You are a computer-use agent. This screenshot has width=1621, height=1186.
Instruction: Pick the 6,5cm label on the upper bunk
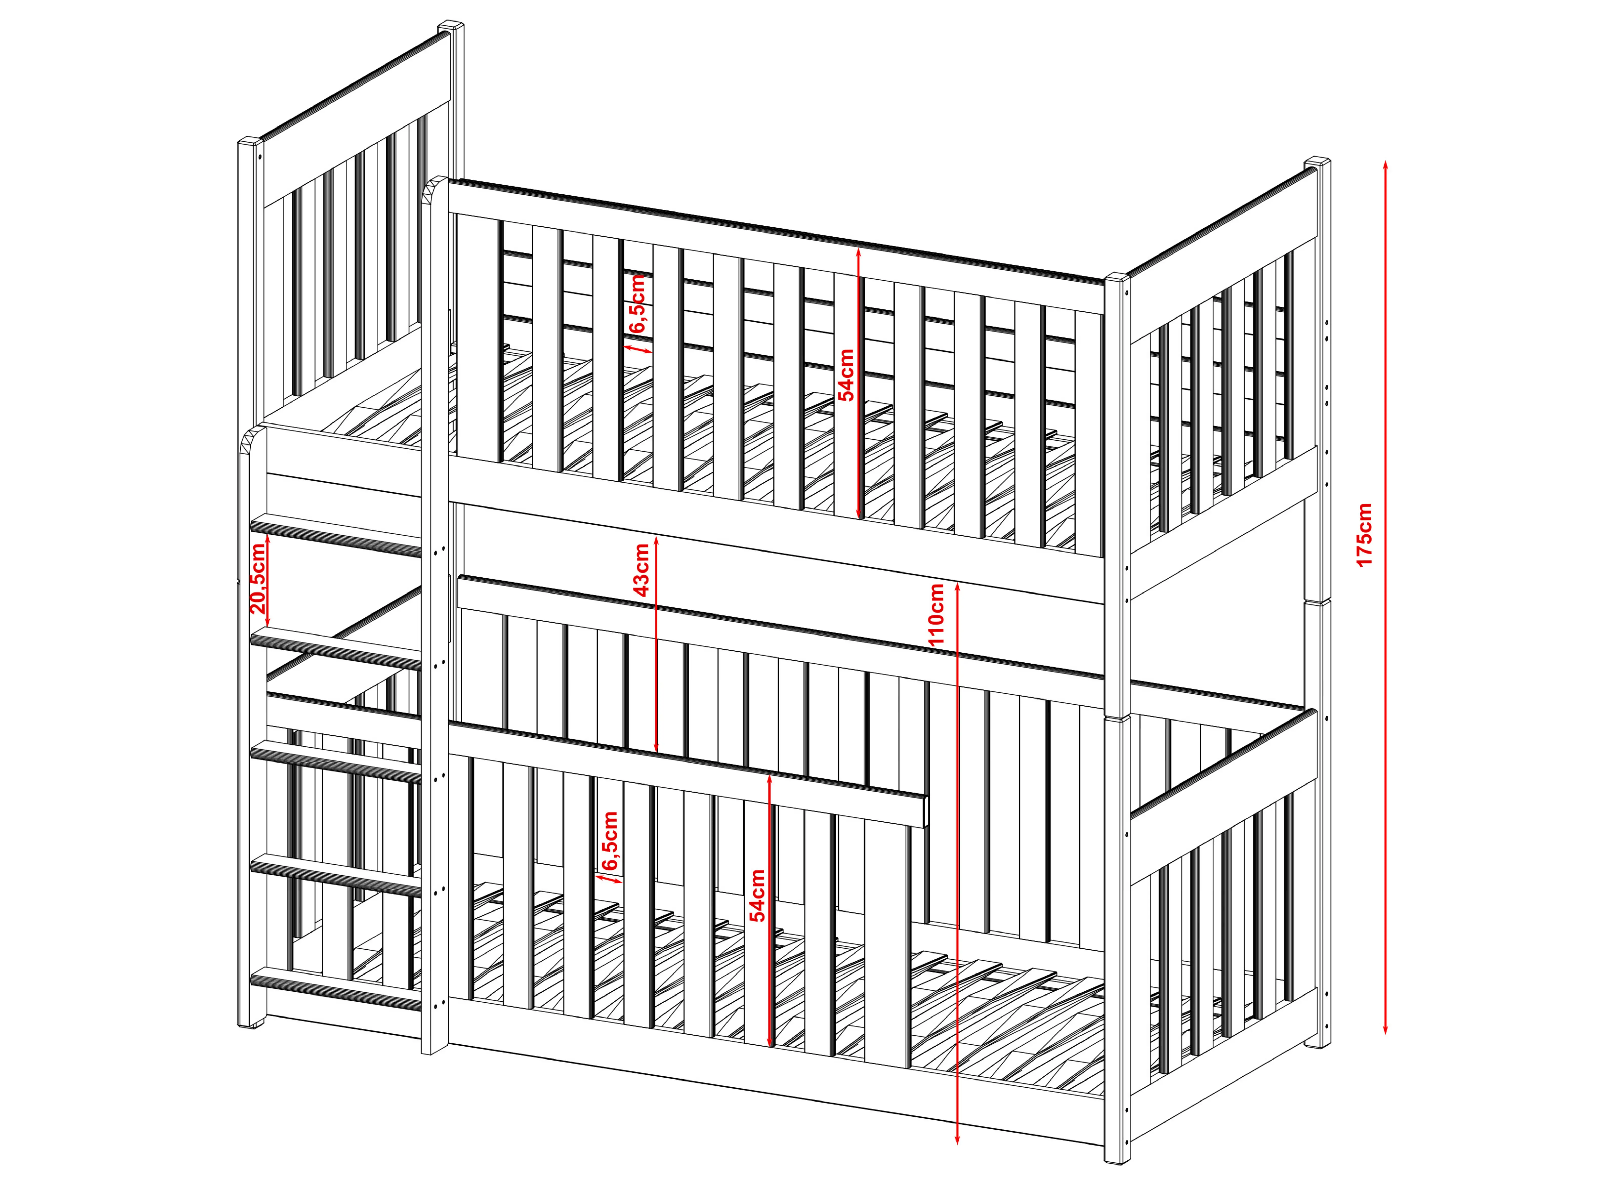[638, 304]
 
